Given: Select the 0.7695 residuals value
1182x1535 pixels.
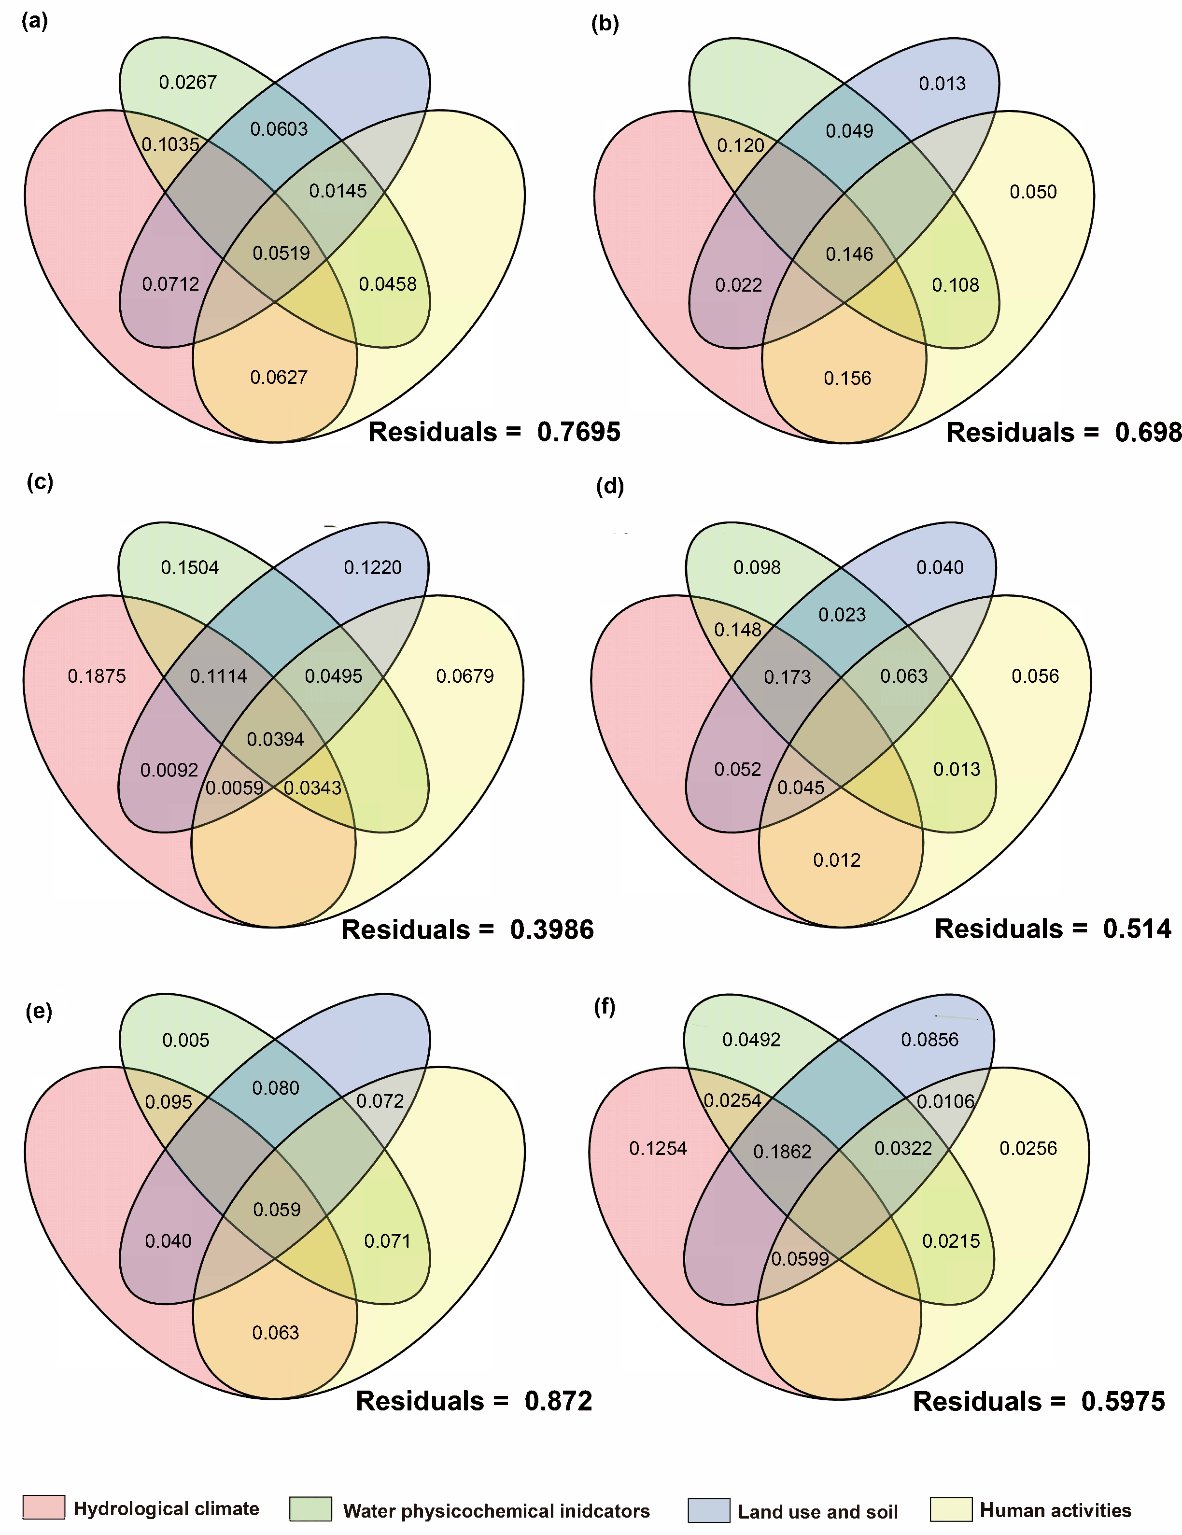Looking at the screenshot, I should tap(578, 432).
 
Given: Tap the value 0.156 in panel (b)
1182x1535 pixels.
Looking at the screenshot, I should tap(847, 378).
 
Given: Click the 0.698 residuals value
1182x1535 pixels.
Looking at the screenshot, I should tap(1148, 432).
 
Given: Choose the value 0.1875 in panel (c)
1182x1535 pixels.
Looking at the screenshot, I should tap(97, 676).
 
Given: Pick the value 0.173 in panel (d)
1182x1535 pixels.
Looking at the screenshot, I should tap(787, 677).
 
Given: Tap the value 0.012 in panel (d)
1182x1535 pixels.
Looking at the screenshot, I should tap(836, 859).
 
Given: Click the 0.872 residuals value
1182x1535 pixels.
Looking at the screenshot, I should tap(558, 1401).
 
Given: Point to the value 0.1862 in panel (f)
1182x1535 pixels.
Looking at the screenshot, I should tap(782, 1151).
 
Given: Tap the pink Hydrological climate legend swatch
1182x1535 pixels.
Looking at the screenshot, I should tap(43, 1507).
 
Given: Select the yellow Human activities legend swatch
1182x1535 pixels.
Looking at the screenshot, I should tap(951, 1509).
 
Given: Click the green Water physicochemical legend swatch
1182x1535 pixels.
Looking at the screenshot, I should tap(310, 1508).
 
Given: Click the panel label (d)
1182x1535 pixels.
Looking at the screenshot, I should tap(608, 486).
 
